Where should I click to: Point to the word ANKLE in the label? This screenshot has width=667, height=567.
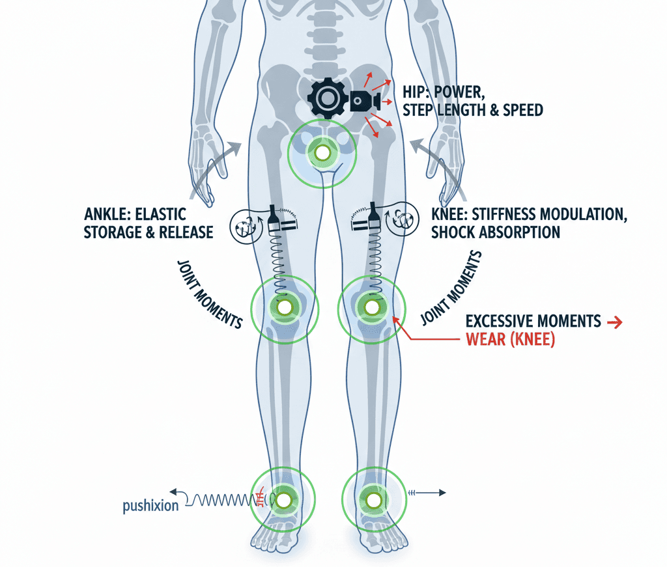[109, 215]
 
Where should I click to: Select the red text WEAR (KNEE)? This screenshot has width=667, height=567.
[510, 339]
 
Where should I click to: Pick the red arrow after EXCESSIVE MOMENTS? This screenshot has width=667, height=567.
[614, 322]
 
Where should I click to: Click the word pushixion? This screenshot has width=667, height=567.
[150, 506]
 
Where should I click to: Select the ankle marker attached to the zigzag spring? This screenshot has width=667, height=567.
[283, 500]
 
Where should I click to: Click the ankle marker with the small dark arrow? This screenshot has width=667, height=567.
[373, 500]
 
